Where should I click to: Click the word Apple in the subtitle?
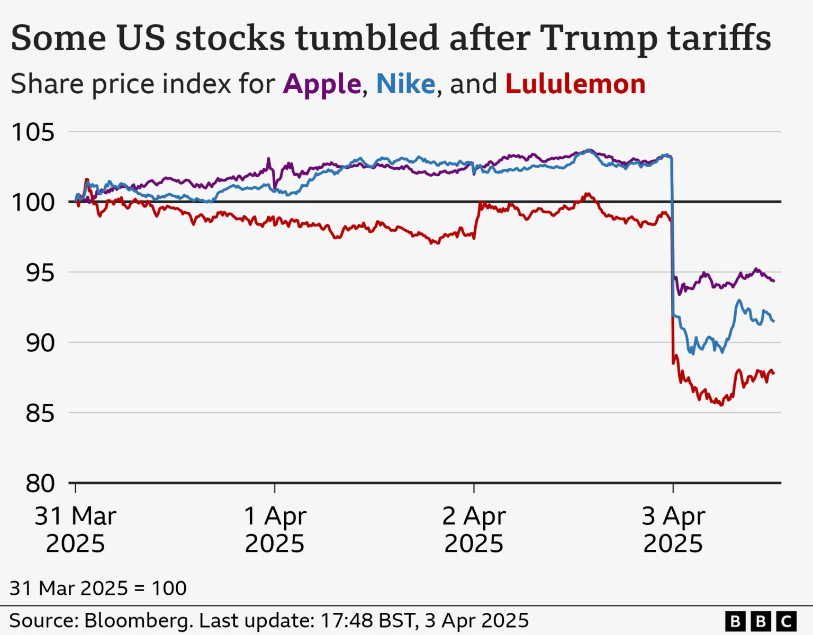(x=322, y=85)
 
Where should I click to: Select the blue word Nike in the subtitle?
(x=405, y=85)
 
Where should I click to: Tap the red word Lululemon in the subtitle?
(x=575, y=85)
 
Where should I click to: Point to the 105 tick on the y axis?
(x=33, y=132)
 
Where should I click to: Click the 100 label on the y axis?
(x=33, y=203)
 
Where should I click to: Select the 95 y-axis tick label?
(x=40, y=273)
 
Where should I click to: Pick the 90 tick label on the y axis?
(x=40, y=343)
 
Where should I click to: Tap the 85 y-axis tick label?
(x=40, y=414)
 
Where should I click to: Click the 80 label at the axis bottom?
(x=40, y=484)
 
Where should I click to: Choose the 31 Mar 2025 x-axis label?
(x=75, y=530)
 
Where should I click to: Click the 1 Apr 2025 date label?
(x=274, y=530)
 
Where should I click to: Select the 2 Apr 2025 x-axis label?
(x=474, y=530)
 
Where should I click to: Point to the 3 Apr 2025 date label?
(x=673, y=530)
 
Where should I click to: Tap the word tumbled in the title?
(x=367, y=39)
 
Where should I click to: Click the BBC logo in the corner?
(x=761, y=621)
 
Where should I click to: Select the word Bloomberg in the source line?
(x=139, y=621)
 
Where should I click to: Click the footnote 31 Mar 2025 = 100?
(x=98, y=588)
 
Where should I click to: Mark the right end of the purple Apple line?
(x=773, y=281)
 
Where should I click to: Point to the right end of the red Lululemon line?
(x=773, y=374)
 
